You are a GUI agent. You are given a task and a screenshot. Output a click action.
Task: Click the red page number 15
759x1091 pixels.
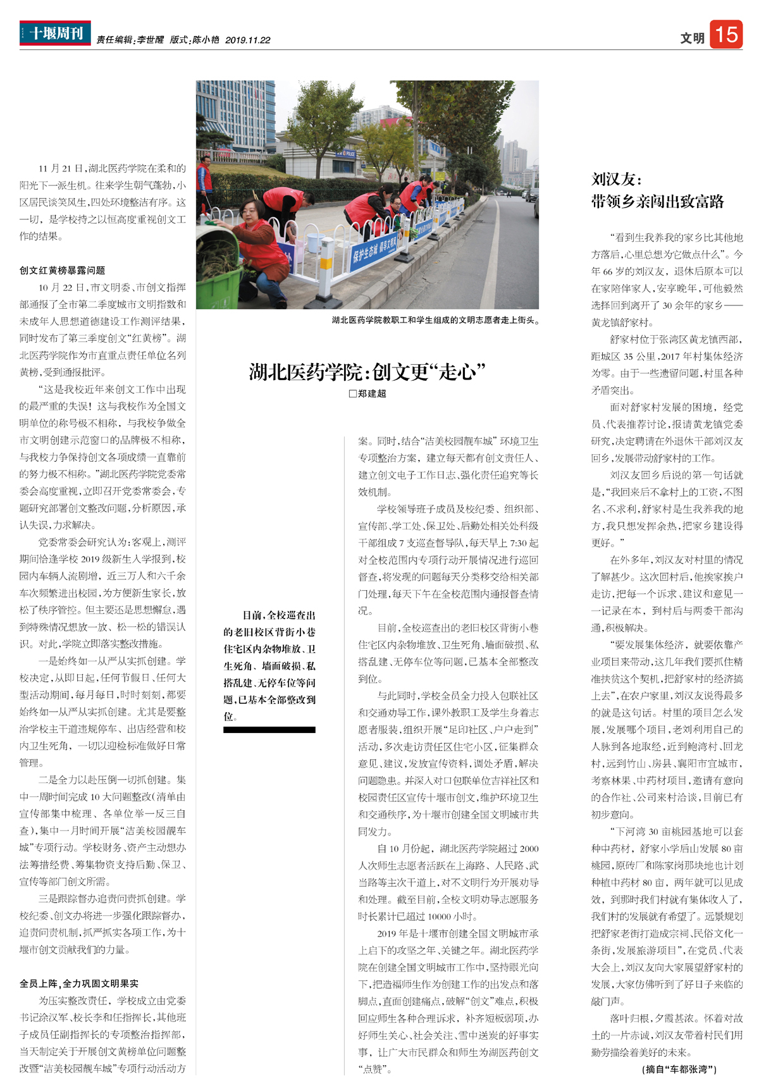pos(725,34)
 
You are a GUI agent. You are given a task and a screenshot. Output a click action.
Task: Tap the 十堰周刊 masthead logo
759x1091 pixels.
pos(55,33)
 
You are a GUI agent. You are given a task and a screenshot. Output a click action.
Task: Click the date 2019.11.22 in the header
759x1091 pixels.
pos(247,40)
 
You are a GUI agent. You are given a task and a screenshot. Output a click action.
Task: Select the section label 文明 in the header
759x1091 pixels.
pos(692,38)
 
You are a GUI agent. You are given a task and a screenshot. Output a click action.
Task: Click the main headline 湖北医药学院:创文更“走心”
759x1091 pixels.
pos(367,371)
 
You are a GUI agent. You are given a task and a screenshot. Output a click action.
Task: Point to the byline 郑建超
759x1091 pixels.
pos(372,393)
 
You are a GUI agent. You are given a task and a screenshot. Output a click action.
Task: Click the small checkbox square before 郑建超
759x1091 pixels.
pos(352,393)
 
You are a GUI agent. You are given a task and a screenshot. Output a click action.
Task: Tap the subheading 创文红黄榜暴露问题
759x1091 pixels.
pos(62,270)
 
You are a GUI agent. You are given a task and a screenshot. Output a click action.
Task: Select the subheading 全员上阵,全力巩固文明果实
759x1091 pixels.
pos(78,983)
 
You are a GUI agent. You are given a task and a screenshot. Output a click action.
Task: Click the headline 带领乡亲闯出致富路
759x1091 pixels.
pos(657,202)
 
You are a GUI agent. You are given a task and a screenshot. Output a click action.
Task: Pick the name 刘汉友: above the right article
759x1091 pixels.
pos(616,179)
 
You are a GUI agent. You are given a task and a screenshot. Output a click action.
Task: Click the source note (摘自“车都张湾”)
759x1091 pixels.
pos(679,1069)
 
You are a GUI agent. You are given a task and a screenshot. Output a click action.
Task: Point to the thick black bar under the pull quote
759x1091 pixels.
pos(269,730)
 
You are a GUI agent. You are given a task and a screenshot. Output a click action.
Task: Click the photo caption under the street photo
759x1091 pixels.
pos(436,321)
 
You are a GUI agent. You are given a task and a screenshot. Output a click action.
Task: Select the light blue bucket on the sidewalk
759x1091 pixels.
pos(314,242)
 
